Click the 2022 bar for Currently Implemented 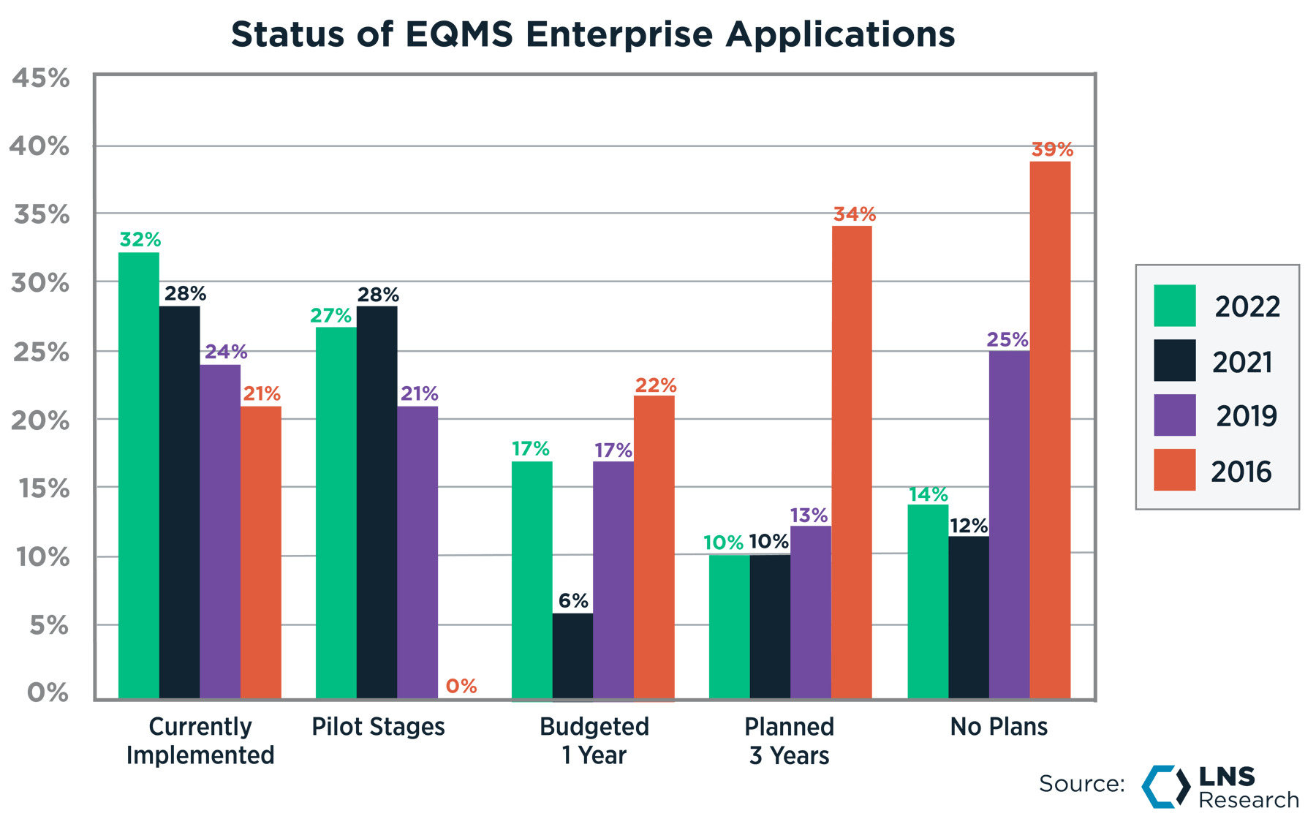pyautogui.click(x=138, y=475)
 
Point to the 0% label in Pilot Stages pyautogui.click(x=461, y=686)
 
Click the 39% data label pyautogui.click(x=1052, y=149)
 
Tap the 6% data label pyautogui.click(x=573, y=601)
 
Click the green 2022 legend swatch pyautogui.click(x=1174, y=306)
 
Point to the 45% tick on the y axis pyautogui.click(x=41, y=78)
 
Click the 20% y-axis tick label pyautogui.click(x=41, y=421)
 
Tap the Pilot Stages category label pyautogui.click(x=378, y=727)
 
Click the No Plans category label pyautogui.click(x=999, y=727)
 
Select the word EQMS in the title pyautogui.click(x=458, y=34)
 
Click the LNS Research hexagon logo pyautogui.click(x=1166, y=787)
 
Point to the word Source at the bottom pyautogui.click(x=1081, y=784)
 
